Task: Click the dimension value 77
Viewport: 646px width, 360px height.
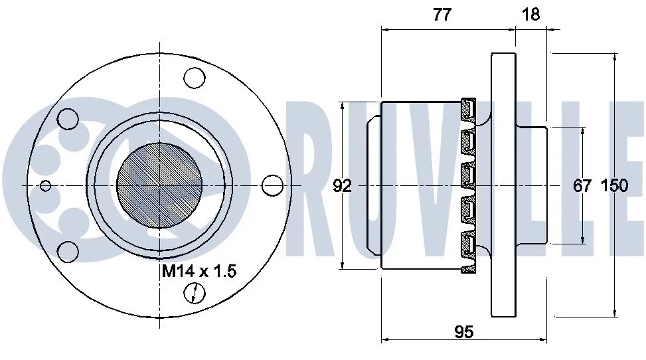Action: [x=441, y=15]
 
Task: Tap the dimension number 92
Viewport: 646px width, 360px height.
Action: [x=342, y=186]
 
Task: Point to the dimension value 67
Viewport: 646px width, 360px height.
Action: [x=582, y=186]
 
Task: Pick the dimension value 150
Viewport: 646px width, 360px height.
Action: [x=614, y=186]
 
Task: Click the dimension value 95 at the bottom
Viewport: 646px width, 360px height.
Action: [x=464, y=331]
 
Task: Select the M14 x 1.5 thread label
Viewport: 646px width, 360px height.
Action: [x=200, y=271]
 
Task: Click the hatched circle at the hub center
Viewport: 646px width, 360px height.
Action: [x=159, y=185]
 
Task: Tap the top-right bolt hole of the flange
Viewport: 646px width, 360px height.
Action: [x=195, y=78]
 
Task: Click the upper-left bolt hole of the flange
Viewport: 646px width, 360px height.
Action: [x=68, y=119]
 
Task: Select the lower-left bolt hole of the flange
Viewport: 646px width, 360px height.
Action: [x=68, y=250]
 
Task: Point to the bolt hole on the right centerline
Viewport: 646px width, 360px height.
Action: [x=272, y=185]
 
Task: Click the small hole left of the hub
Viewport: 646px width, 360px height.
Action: [x=45, y=185]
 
